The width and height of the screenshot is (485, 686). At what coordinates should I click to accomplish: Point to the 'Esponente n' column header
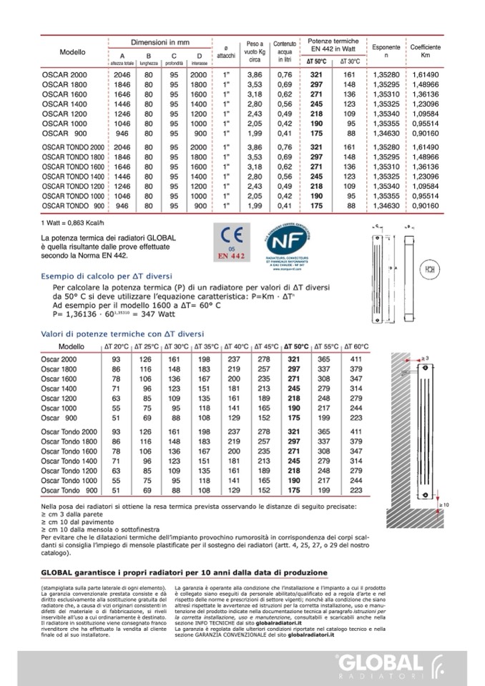tap(387, 51)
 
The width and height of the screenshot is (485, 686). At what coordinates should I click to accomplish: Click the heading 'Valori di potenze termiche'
tap(122, 334)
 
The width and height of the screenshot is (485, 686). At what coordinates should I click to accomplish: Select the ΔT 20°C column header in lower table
tap(116, 346)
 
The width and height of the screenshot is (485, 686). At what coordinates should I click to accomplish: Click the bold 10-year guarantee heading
tap(185, 573)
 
